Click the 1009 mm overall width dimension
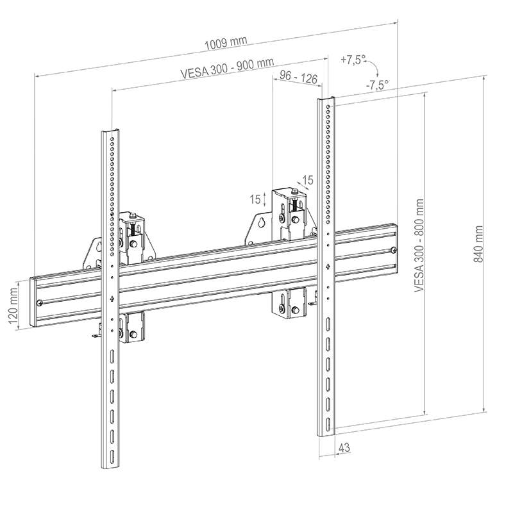[x=226, y=44]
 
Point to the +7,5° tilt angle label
[x=353, y=60]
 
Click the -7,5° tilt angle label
[x=377, y=84]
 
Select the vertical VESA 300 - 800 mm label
[x=419, y=252]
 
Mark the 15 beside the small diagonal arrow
[x=308, y=181]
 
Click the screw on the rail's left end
[x=41, y=302]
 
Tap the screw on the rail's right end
[x=393, y=250]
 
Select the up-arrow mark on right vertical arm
[x=328, y=267]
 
